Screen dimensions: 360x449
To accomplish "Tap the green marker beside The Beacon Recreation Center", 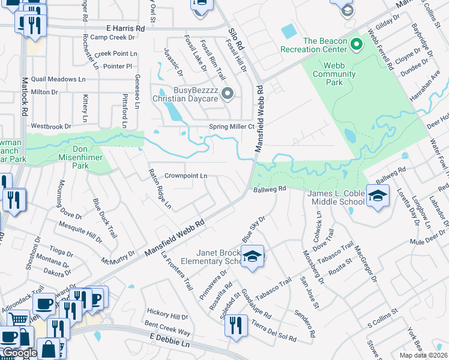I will [x=356, y=44].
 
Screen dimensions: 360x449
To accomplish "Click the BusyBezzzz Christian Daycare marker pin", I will [x=228, y=93].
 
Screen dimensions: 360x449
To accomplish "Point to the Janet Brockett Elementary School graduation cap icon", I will [x=253, y=257].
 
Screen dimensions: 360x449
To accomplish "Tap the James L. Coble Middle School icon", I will [x=377, y=197].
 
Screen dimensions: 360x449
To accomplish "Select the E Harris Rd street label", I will [x=125, y=28].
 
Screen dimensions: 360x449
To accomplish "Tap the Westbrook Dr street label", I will [x=51, y=127].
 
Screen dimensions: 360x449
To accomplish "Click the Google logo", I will [x=19, y=353].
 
